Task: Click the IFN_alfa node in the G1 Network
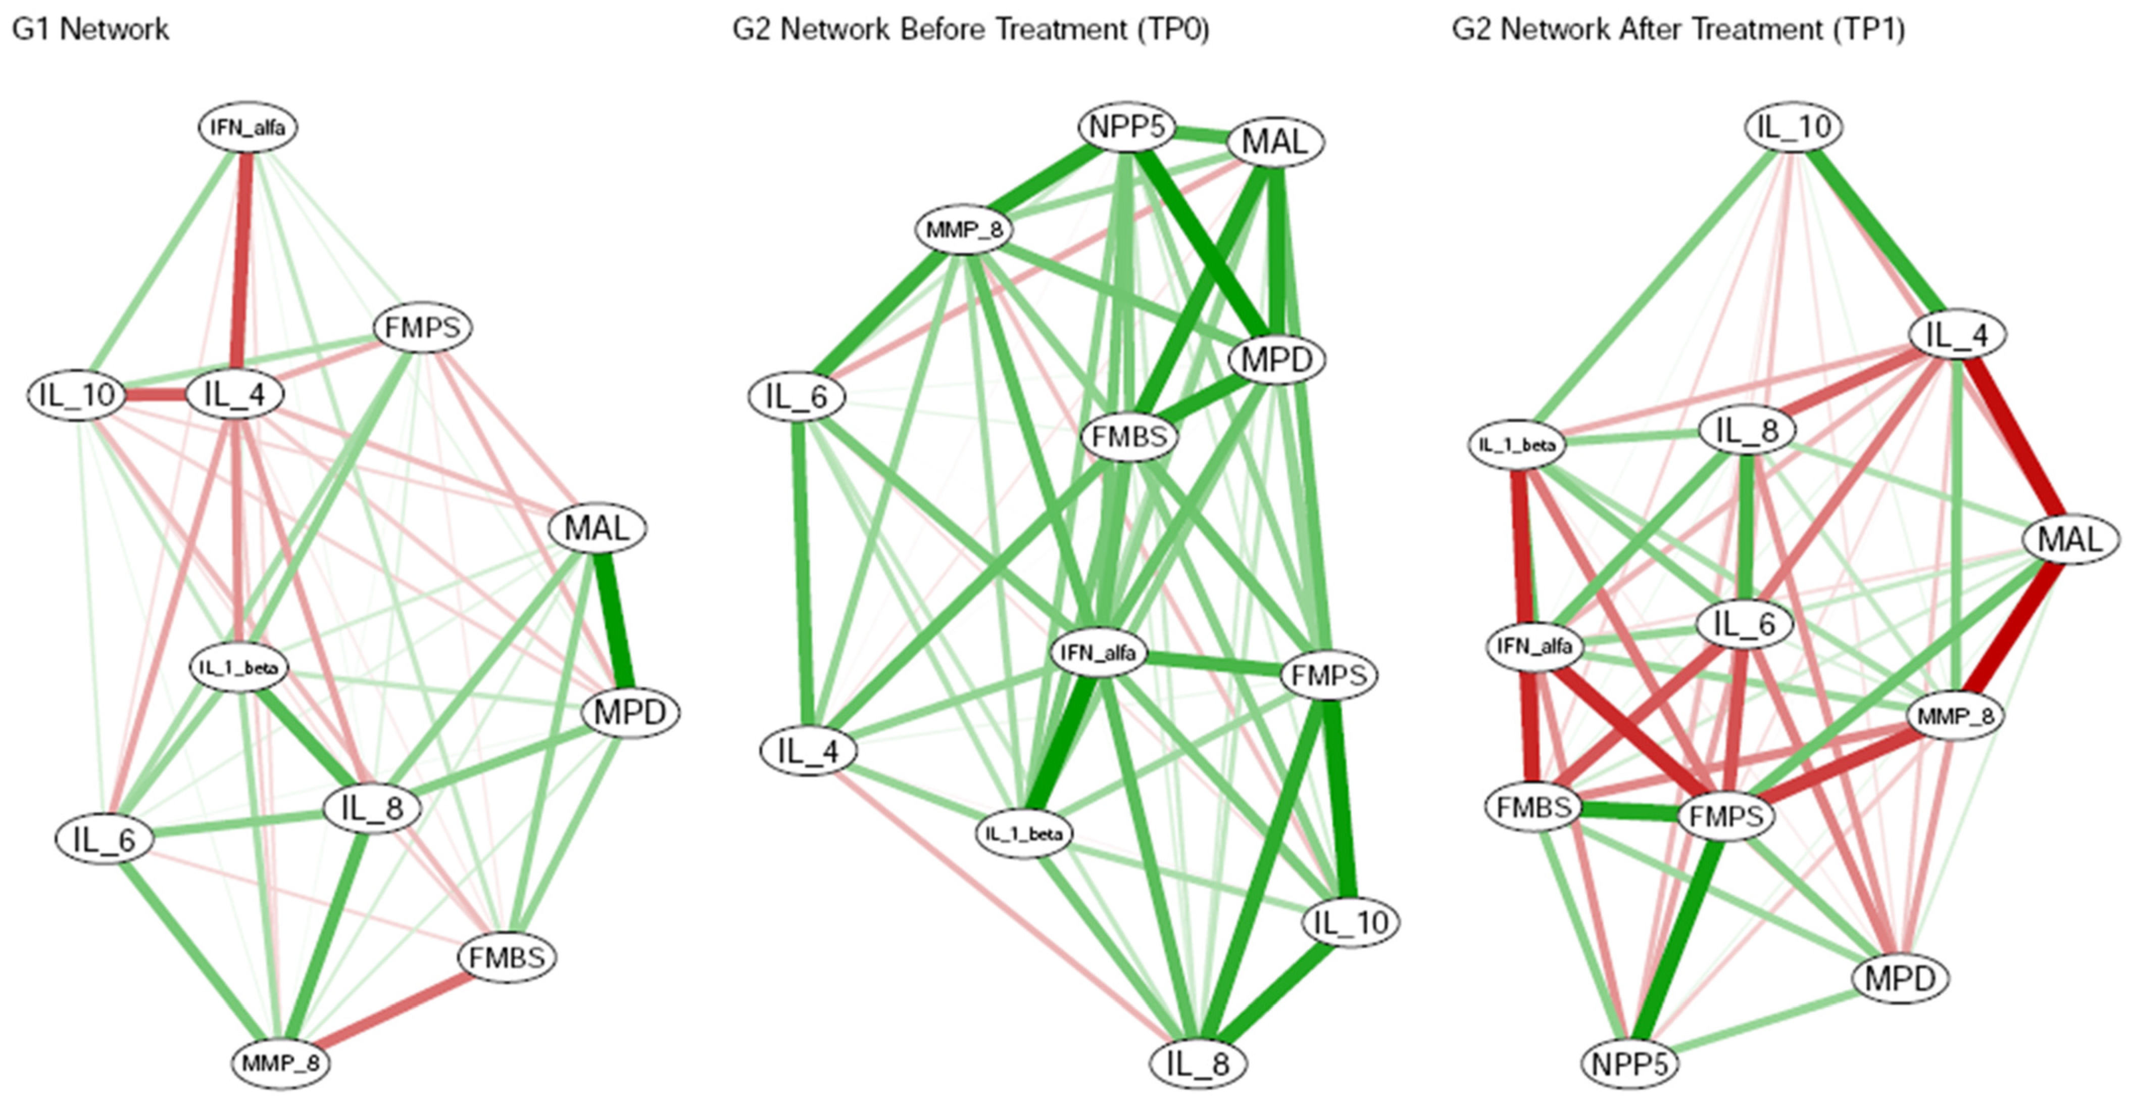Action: click(x=247, y=127)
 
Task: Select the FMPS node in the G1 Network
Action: click(x=423, y=328)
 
